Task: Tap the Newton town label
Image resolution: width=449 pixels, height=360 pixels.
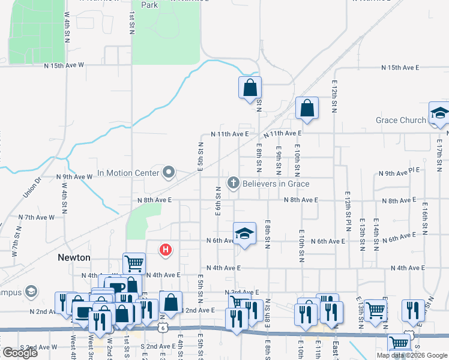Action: click(x=74, y=257)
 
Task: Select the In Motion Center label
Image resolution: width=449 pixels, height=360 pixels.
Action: click(x=128, y=173)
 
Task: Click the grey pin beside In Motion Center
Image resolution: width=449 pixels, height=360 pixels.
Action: click(x=169, y=173)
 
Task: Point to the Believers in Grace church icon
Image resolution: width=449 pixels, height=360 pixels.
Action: click(x=232, y=182)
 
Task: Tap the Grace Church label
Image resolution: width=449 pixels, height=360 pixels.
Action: click(x=400, y=120)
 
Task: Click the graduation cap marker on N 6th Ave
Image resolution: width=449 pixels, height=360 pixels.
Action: click(x=244, y=234)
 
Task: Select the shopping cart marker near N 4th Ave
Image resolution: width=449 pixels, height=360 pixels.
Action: click(x=134, y=263)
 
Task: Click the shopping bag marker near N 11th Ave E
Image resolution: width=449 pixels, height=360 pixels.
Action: click(x=307, y=109)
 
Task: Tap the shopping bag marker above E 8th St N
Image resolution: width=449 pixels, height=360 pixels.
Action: click(x=250, y=88)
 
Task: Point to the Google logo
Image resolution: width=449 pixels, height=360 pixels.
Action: click(x=19, y=353)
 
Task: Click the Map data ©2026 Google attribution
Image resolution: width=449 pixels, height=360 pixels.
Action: click(x=411, y=355)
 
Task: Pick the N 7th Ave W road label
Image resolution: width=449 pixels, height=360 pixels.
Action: click(x=36, y=217)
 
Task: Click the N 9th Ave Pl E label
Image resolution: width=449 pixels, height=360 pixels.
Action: click(x=400, y=173)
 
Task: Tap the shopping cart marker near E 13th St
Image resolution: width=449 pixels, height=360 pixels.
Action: click(x=375, y=310)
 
